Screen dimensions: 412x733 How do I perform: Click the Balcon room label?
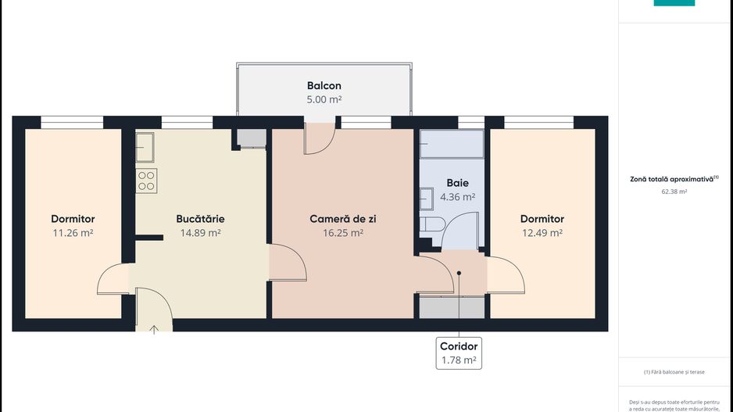pyautogui.click(x=324, y=86)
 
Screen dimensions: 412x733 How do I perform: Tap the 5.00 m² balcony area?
pyautogui.click(x=324, y=100)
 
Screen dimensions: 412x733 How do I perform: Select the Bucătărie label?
pyautogui.click(x=200, y=219)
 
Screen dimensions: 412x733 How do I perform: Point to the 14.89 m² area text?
pyautogui.click(x=200, y=233)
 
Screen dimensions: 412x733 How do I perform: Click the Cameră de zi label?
pyautogui.click(x=342, y=219)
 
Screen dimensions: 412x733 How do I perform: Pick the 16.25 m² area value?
pyautogui.click(x=342, y=233)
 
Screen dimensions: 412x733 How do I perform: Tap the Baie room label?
pyautogui.click(x=457, y=183)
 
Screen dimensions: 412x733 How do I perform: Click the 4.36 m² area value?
pyautogui.click(x=457, y=197)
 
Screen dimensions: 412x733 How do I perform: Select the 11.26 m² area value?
pyautogui.click(x=73, y=233)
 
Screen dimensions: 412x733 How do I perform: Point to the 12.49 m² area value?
pyautogui.click(x=542, y=233)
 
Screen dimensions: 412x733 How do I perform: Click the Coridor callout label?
pyautogui.click(x=459, y=346)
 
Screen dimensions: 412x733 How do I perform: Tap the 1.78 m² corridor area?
pyautogui.click(x=459, y=360)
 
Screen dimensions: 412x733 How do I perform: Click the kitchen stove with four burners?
pyautogui.click(x=147, y=181)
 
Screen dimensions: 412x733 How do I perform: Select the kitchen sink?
pyautogui.click(x=145, y=146)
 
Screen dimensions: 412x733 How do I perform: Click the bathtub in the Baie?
pyautogui.click(x=452, y=145)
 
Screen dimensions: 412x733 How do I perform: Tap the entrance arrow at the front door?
pyautogui.click(x=154, y=329)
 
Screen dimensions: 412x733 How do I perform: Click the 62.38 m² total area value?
pyautogui.click(x=674, y=192)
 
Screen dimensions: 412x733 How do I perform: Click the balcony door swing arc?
pyautogui.click(x=320, y=138)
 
